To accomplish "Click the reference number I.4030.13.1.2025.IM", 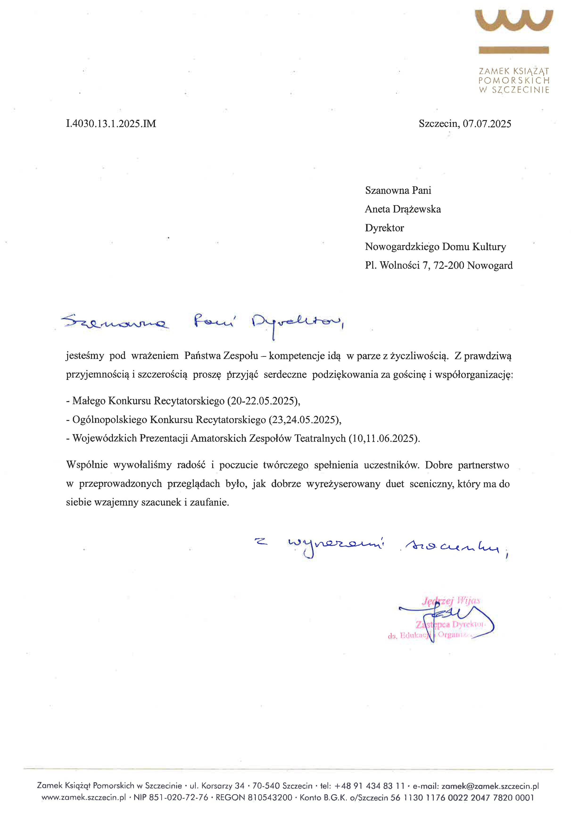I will pyautogui.click(x=111, y=124).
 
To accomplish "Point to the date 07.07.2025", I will pyautogui.click(x=487, y=124).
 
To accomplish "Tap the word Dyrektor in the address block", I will pyautogui.click(x=384, y=228).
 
